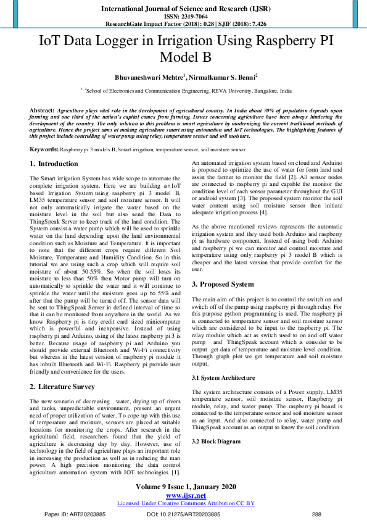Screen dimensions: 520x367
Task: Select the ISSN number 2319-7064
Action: click(183, 16)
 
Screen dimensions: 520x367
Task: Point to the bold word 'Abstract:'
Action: click(42, 109)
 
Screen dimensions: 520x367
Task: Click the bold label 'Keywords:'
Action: click(44, 150)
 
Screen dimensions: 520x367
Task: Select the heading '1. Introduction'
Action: click(54, 164)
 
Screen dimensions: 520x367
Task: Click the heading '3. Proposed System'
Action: click(223, 284)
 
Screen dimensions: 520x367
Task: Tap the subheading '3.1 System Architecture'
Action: click(223, 377)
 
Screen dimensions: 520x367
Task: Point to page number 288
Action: click(316, 514)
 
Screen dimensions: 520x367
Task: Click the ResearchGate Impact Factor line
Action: click(183, 23)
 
